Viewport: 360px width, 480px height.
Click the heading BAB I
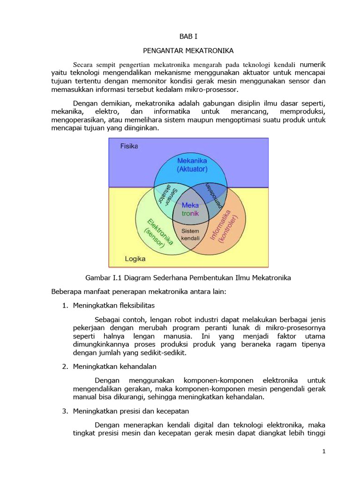pos(189,36)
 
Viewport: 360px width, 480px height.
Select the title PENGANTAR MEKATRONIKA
pos(189,50)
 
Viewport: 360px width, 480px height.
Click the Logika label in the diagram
pos(135,258)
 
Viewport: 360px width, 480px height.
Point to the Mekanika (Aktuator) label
pos(192,165)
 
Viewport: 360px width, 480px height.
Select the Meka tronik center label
pos(190,210)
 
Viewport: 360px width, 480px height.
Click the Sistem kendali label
pos(190,234)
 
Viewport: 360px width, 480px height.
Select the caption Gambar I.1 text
pos(189,277)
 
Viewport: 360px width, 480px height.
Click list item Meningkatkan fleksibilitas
pos(114,305)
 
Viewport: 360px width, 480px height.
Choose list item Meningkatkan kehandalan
pos(115,366)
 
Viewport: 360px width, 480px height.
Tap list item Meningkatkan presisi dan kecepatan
pos(131,411)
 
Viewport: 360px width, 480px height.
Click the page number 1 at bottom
pos(323,451)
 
